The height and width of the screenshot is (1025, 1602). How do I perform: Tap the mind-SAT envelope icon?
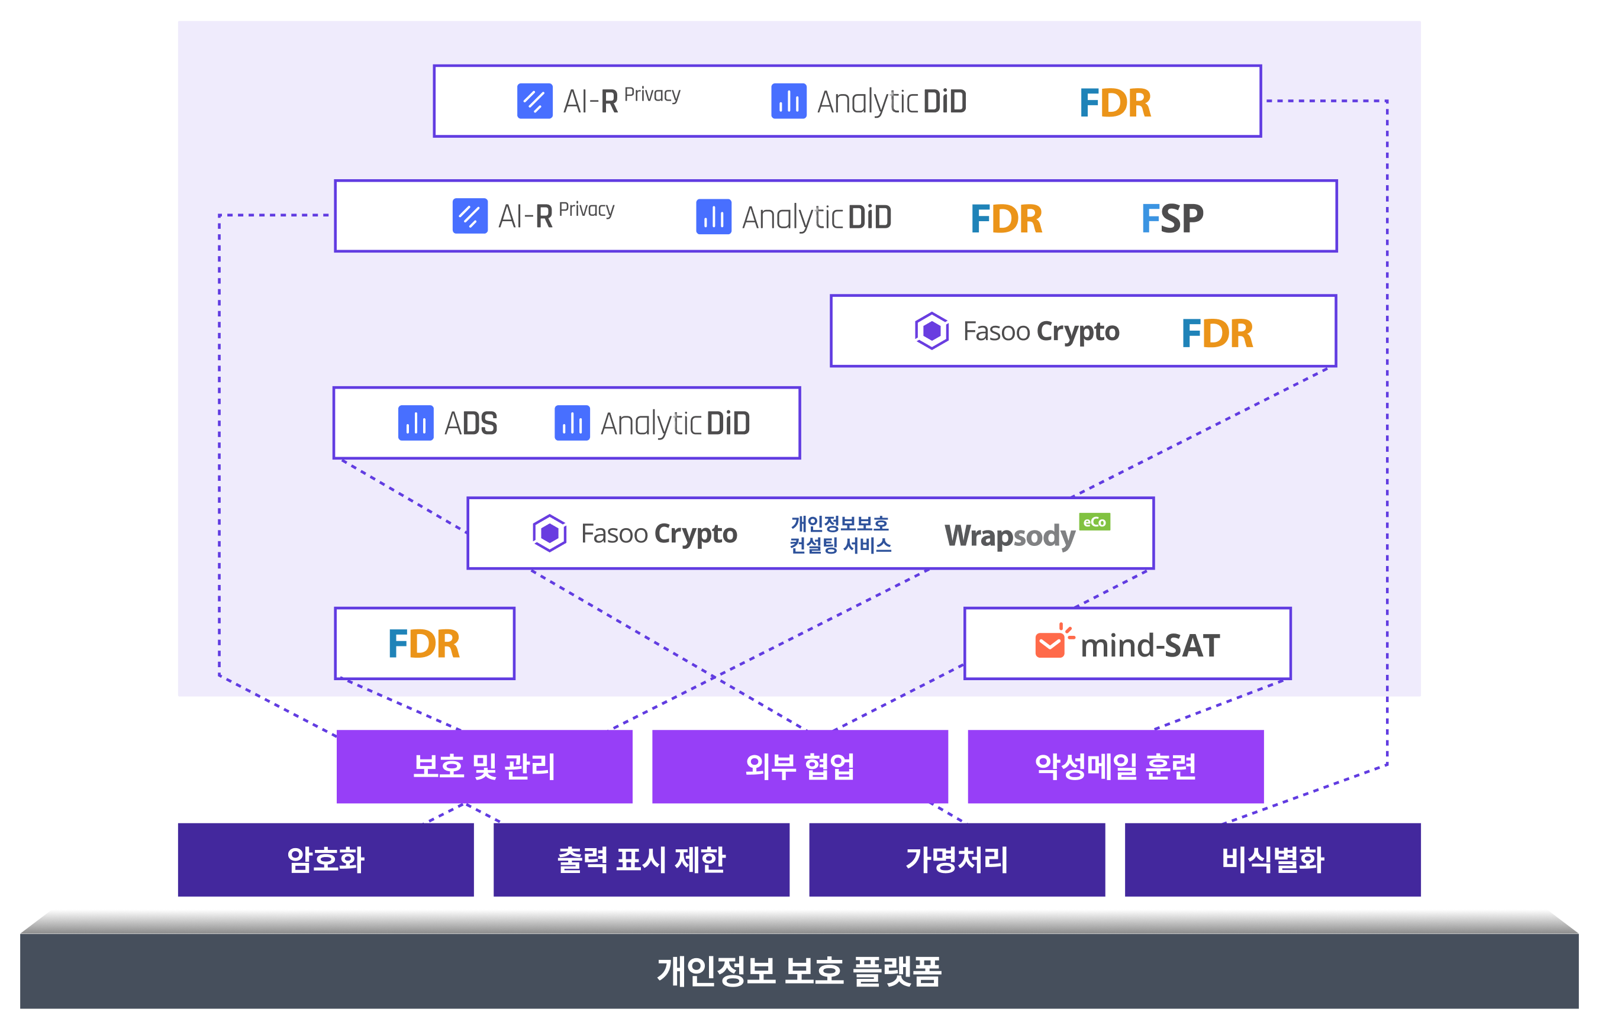[1050, 644]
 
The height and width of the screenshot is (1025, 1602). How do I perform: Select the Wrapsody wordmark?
[1010, 536]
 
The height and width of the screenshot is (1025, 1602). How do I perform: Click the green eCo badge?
[1094, 522]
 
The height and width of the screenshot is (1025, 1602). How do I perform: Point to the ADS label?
[470, 423]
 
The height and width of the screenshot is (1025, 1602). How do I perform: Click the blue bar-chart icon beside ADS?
[415, 423]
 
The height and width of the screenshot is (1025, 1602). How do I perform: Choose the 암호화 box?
[325, 859]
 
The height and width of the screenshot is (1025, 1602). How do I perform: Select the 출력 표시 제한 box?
[641, 859]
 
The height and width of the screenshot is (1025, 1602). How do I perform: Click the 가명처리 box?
[957, 859]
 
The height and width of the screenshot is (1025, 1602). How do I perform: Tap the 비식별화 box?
[1272, 859]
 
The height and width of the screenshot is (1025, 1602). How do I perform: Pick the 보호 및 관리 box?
[484, 766]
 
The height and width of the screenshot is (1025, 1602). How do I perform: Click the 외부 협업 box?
[800, 766]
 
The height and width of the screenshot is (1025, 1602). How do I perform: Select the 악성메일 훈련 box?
[1116, 766]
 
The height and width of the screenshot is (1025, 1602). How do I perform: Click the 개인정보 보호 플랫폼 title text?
[799, 971]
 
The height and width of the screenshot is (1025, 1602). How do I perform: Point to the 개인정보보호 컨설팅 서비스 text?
[840, 535]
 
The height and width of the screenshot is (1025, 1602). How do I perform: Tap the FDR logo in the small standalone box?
[424, 644]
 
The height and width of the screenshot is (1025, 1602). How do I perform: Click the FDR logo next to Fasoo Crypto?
[1217, 333]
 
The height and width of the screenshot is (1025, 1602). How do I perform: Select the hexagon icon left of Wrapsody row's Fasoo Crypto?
[549, 533]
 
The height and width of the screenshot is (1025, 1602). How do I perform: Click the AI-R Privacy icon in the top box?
[534, 101]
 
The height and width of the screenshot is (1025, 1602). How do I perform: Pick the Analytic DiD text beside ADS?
[675, 423]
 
